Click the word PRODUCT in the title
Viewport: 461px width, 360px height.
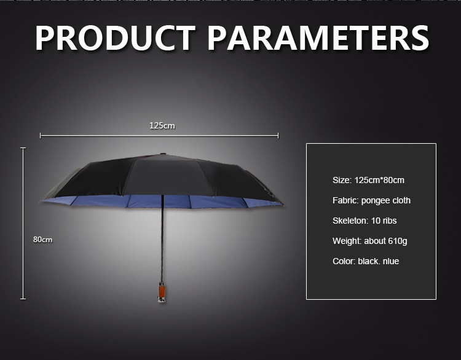pos(116,38)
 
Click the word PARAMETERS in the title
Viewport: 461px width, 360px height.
pos(318,38)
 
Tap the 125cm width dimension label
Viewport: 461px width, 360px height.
pos(162,126)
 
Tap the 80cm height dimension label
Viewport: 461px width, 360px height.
pos(42,240)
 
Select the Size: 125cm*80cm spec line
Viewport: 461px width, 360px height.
pos(368,180)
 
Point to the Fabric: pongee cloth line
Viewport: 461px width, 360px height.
pos(371,200)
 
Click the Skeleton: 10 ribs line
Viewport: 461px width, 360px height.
pos(364,221)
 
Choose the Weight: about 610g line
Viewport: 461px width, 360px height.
pos(370,241)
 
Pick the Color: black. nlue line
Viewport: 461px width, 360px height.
pos(366,261)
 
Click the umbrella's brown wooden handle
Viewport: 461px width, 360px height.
pos(162,292)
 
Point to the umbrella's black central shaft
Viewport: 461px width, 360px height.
pos(162,238)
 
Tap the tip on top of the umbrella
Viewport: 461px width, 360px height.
pos(162,154)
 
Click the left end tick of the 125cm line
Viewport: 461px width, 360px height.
pos(41,136)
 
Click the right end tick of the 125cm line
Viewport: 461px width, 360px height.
pos(278,136)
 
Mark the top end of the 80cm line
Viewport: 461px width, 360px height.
pos(23,148)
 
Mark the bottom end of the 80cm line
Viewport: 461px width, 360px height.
pos(23,299)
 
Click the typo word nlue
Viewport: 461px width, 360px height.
pos(391,261)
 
